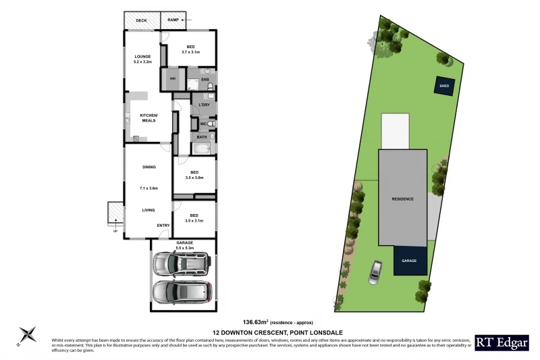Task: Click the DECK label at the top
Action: [141, 21]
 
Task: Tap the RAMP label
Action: [173, 21]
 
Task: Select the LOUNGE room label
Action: [142, 57]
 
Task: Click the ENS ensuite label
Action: [205, 80]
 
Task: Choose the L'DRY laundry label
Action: [205, 105]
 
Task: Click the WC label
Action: [202, 124]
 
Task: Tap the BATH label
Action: [202, 138]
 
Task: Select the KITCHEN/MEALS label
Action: [148, 118]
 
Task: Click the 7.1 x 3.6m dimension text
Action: [148, 188]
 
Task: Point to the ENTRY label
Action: [163, 225]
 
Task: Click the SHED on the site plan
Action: [444, 86]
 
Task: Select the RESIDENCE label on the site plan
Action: [402, 199]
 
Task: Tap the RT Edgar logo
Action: [502, 342]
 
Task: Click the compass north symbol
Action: [28, 334]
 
